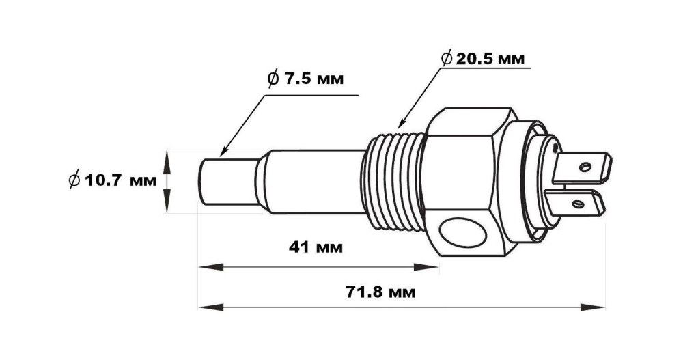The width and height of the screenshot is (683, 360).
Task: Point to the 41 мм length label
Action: click(316, 247)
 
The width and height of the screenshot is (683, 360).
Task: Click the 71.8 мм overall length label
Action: click(380, 292)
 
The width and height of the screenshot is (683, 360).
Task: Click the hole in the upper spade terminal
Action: click(585, 167)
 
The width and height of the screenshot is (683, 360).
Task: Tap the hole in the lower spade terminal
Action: click(579, 204)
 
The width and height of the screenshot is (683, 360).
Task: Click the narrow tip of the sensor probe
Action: click(229, 182)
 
